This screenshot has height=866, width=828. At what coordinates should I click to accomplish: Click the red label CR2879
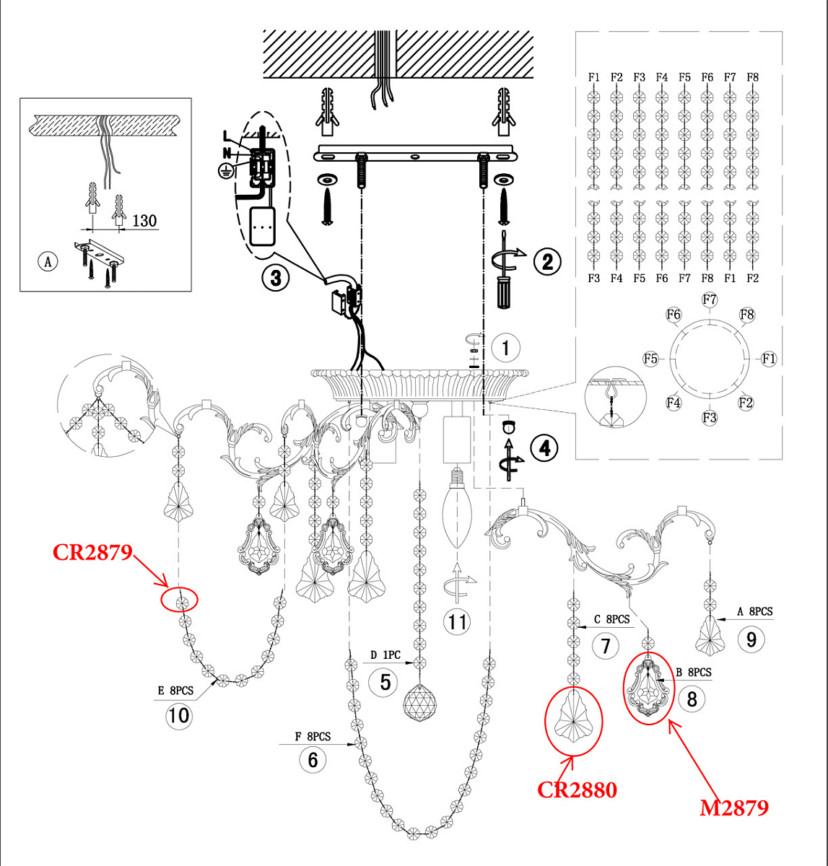[92, 553]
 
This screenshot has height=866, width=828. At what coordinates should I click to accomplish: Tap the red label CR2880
[577, 790]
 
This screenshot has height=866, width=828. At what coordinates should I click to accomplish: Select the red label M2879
[733, 807]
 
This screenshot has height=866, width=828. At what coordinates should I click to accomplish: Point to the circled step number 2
[547, 261]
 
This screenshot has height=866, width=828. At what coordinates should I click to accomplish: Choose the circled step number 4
[544, 447]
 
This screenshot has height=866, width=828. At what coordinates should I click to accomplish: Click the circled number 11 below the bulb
[457, 621]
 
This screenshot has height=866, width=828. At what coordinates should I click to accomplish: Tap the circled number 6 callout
[313, 759]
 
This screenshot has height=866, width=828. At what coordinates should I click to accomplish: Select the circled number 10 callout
[178, 715]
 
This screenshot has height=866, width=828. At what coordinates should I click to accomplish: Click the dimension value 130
[144, 220]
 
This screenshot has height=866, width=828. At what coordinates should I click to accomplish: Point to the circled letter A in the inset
[48, 261]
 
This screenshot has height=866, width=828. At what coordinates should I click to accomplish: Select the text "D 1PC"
[385, 655]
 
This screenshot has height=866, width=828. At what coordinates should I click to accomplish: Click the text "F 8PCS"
[312, 736]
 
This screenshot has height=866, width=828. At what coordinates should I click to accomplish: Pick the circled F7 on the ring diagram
[710, 299]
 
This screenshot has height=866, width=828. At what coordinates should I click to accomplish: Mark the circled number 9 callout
[751, 639]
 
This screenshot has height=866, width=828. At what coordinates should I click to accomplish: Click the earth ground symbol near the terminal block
[225, 170]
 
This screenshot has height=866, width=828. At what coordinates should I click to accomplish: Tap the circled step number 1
[505, 348]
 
